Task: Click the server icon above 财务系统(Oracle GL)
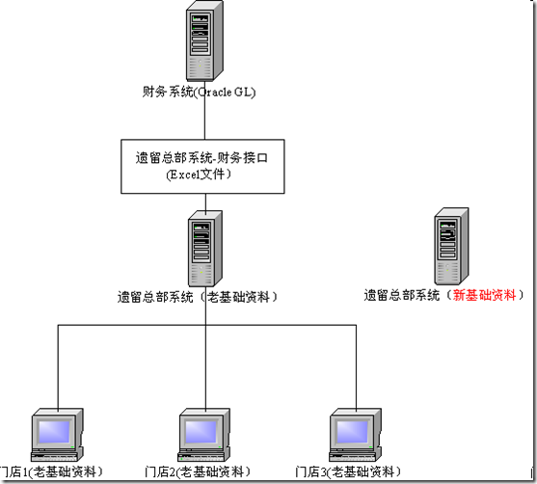pos(203,40)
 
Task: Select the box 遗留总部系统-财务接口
pos(203,166)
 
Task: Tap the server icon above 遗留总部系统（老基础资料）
pos(203,248)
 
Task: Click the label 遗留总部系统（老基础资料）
pos(198,297)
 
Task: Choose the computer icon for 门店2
pos(205,436)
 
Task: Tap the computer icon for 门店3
pos(353,436)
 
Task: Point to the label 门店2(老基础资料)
pos(197,471)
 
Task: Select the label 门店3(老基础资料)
pos(346,471)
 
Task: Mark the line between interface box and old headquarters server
pos(203,202)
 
